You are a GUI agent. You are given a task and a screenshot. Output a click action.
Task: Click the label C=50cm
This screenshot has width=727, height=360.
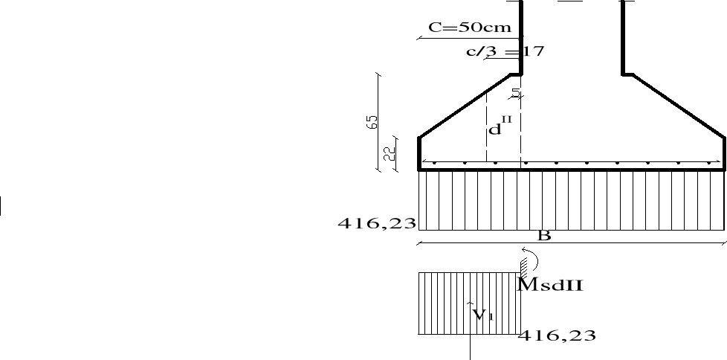[x=470, y=28]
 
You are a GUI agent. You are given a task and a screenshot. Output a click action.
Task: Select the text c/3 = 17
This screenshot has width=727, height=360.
[x=505, y=51]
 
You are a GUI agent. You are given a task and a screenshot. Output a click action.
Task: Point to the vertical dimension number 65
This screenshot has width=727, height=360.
[x=372, y=122]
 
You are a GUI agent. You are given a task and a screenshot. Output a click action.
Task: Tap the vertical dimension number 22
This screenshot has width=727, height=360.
[x=389, y=153]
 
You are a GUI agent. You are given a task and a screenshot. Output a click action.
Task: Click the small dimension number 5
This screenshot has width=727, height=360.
[x=516, y=92]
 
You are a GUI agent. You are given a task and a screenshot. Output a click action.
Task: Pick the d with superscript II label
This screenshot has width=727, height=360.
[x=501, y=126]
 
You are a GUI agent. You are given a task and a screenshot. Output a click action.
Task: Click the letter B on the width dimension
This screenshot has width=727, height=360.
[x=544, y=236]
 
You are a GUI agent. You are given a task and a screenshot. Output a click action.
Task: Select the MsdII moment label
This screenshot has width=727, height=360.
[x=550, y=284]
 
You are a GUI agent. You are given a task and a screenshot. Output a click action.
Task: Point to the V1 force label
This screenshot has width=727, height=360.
[x=482, y=315]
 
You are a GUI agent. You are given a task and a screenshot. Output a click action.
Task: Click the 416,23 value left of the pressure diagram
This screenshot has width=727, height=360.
[x=377, y=224]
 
